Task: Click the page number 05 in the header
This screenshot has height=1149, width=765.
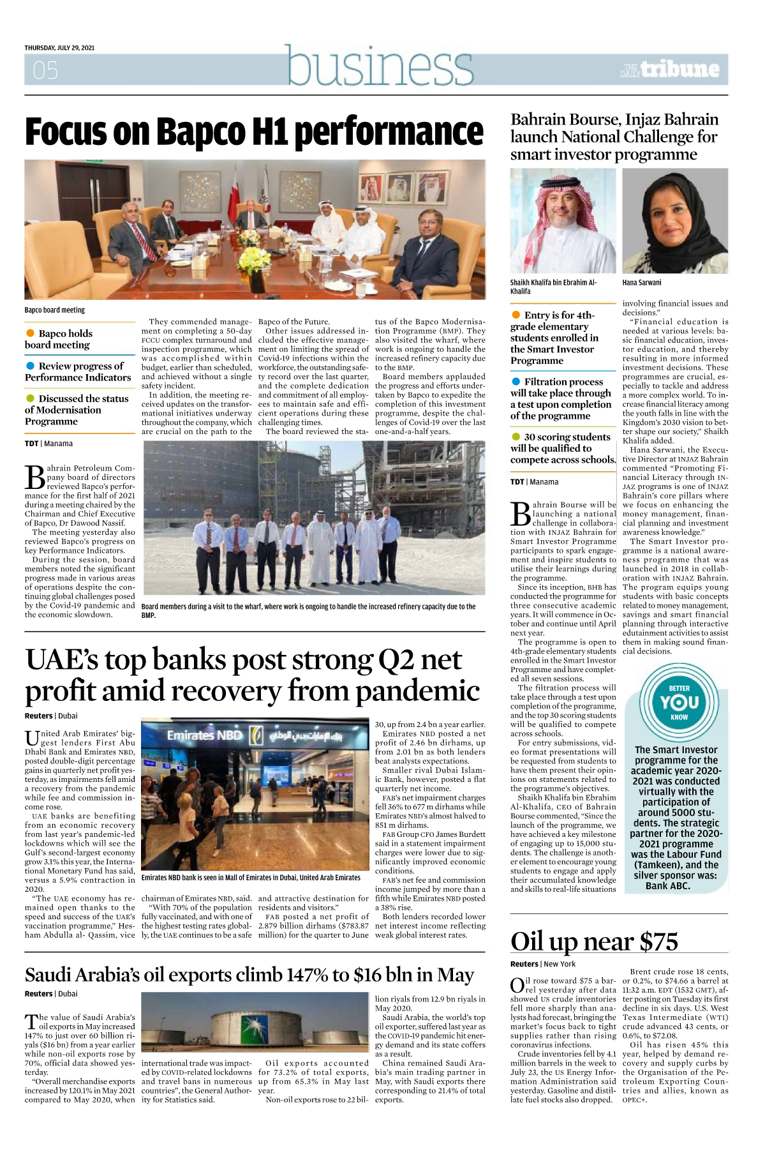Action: (x=45, y=70)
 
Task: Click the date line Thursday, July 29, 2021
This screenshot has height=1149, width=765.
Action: (x=59, y=48)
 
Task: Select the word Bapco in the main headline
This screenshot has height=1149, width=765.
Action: (x=200, y=132)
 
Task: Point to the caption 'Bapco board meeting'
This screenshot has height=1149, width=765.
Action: (x=55, y=310)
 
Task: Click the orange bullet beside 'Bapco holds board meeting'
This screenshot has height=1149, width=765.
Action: (x=30, y=333)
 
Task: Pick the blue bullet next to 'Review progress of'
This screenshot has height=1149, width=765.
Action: (x=30, y=366)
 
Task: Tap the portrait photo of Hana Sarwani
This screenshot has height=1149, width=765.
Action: (x=675, y=221)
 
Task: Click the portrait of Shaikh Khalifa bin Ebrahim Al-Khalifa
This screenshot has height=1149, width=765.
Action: (x=563, y=221)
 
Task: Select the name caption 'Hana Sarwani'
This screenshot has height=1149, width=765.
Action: (x=642, y=283)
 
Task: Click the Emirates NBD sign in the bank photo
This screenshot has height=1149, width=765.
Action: (x=205, y=735)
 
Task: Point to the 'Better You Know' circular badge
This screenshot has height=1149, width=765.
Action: (x=679, y=702)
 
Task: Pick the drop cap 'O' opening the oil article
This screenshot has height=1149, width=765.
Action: (x=517, y=986)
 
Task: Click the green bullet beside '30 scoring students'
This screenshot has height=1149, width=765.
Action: (x=516, y=437)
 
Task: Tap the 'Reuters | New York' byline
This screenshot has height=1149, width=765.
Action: (x=542, y=964)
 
